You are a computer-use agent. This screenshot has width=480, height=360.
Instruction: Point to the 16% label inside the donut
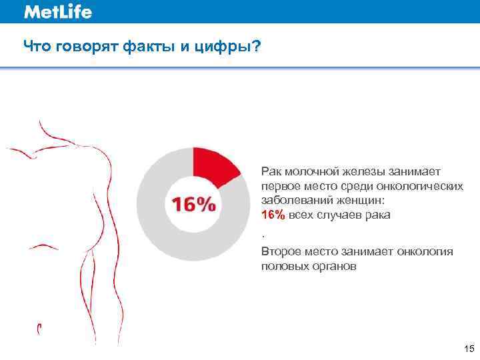coord(194,203)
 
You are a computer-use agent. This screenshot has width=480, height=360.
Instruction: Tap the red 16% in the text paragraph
coord(273,215)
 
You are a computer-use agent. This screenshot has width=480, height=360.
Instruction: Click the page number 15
coord(468,349)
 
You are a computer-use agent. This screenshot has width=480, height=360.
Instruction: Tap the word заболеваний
coord(293,201)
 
